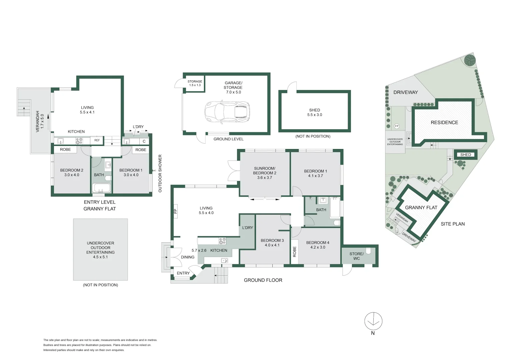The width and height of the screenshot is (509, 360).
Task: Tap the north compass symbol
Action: click(373, 321)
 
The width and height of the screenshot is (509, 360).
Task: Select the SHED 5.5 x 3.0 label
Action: click(314, 112)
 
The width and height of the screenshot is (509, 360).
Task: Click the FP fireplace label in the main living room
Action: click(175, 211)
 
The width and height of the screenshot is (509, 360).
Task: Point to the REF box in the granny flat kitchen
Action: click(97, 140)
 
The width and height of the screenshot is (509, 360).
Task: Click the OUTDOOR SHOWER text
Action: click(160, 173)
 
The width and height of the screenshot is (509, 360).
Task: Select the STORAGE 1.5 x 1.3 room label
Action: click(195, 83)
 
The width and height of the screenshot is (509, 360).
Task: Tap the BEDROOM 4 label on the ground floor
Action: click(318, 245)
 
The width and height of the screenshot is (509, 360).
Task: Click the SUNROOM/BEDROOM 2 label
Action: click(265, 173)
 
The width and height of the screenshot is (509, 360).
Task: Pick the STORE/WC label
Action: click(356, 256)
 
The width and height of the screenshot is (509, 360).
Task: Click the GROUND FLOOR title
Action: click(263, 280)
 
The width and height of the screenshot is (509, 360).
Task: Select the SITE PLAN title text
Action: click(452, 224)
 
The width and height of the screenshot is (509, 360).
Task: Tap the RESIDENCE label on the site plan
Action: click(444, 123)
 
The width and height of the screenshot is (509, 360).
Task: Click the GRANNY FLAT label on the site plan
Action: click(421, 208)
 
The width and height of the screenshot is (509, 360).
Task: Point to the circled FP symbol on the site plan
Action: click(397, 126)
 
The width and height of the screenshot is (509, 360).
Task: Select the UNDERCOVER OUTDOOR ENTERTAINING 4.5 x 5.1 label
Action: click(100, 250)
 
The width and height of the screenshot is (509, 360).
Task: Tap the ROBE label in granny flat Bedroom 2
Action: click(65, 150)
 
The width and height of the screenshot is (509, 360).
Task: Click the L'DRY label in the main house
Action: click(247, 228)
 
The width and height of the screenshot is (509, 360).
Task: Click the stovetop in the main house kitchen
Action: click(222, 241)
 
